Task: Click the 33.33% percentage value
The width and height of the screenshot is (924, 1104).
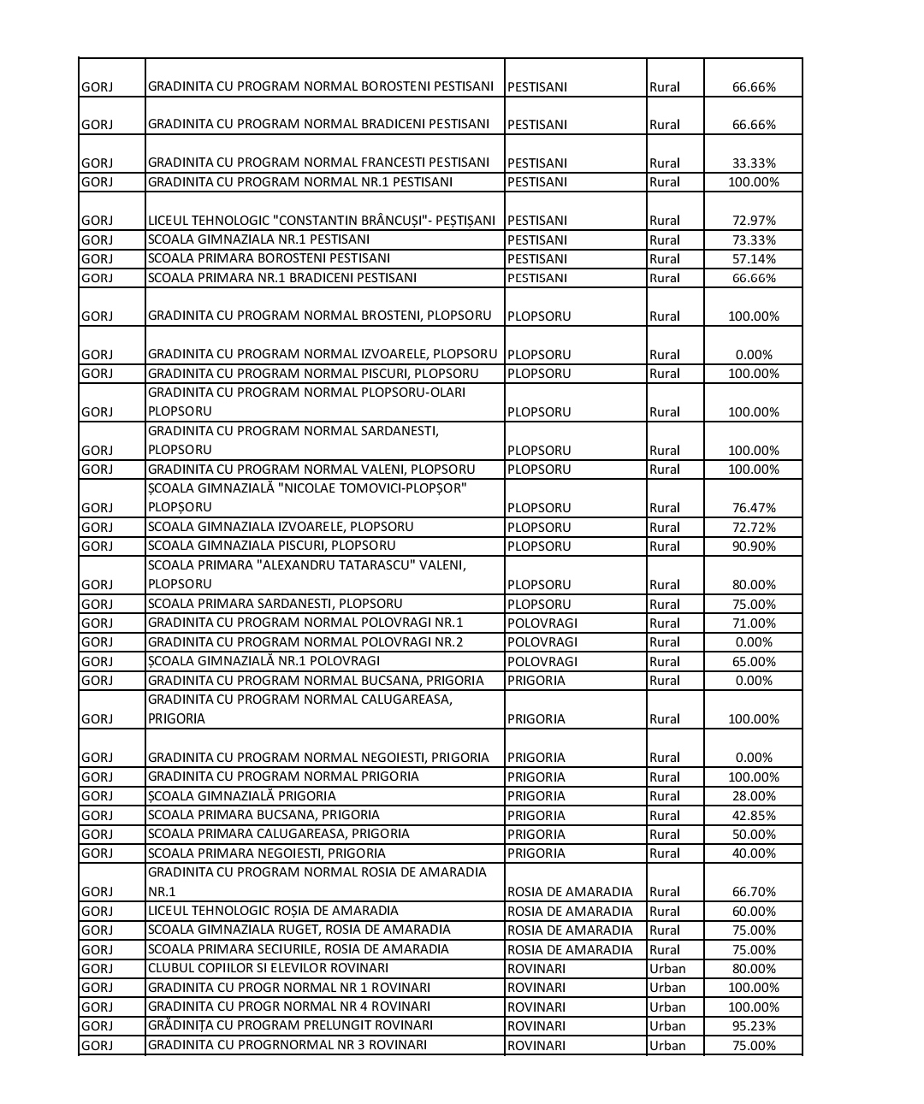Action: [x=754, y=162]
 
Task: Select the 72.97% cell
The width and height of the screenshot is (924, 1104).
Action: [x=754, y=221]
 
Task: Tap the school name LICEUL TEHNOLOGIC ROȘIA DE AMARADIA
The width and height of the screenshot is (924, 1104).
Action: [x=273, y=911]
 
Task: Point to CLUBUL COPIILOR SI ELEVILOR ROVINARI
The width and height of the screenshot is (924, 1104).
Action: [x=268, y=968]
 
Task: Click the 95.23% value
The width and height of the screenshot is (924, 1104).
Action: [x=754, y=1025]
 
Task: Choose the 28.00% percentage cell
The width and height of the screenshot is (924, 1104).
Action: [x=754, y=796]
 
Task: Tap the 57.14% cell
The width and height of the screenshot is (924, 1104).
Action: [x=754, y=258]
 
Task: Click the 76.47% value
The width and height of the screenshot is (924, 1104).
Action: [x=754, y=507]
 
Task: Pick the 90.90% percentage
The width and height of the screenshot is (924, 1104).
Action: [x=754, y=546]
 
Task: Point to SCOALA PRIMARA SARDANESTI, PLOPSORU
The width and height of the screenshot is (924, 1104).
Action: [x=275, y=604]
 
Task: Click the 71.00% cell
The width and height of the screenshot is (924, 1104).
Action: [x=754, y=623]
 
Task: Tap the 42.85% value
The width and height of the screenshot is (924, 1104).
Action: [x=754, y=815]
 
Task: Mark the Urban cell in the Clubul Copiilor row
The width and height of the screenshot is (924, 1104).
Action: [x=667, y=968]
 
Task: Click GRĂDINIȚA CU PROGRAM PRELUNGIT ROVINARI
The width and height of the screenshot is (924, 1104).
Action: [x=290, y=1025]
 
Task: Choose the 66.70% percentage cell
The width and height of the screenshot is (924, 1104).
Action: [x=754, y=891]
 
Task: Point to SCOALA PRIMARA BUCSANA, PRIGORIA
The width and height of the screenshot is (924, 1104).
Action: [x=264, y=815]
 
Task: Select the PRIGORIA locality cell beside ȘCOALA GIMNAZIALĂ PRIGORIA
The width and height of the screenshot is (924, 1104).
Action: [x=536, y=796]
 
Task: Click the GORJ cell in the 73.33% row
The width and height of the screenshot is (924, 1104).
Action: [x=97, y=239]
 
